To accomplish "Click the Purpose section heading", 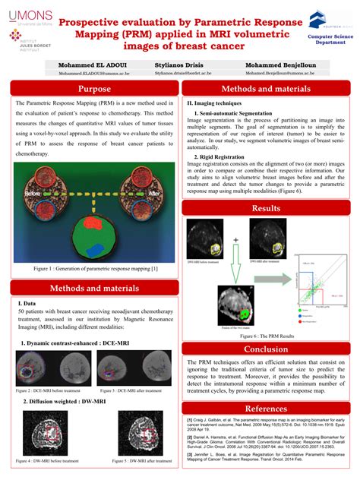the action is click(x=90, y=90).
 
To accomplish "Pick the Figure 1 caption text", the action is click(x=90, y=268).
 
